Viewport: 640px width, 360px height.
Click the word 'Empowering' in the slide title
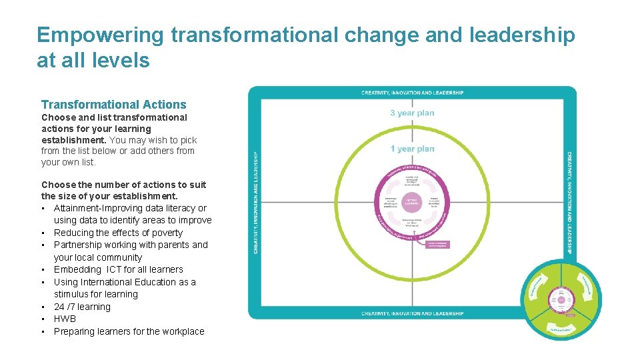tap(99, 35)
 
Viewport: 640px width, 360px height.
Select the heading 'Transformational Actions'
tap(114, 105)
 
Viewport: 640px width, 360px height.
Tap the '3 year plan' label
tap(412, 113)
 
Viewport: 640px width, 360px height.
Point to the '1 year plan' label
tap(412, 149)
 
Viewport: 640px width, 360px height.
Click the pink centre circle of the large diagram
tap(412, 202)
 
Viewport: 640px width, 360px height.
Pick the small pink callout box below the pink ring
tap(438, 245)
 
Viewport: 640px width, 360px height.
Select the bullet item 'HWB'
tap(65, 319)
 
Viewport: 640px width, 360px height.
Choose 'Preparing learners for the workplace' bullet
tap(129, 331)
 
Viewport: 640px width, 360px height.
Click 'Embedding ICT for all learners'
tap(118, 269)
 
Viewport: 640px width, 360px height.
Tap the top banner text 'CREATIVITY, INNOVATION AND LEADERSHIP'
tap(412, 93)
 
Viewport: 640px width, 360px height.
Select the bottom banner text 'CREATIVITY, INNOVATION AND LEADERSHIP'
tap(412, 313)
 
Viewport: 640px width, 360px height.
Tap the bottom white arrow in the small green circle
tap(561, 329)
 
